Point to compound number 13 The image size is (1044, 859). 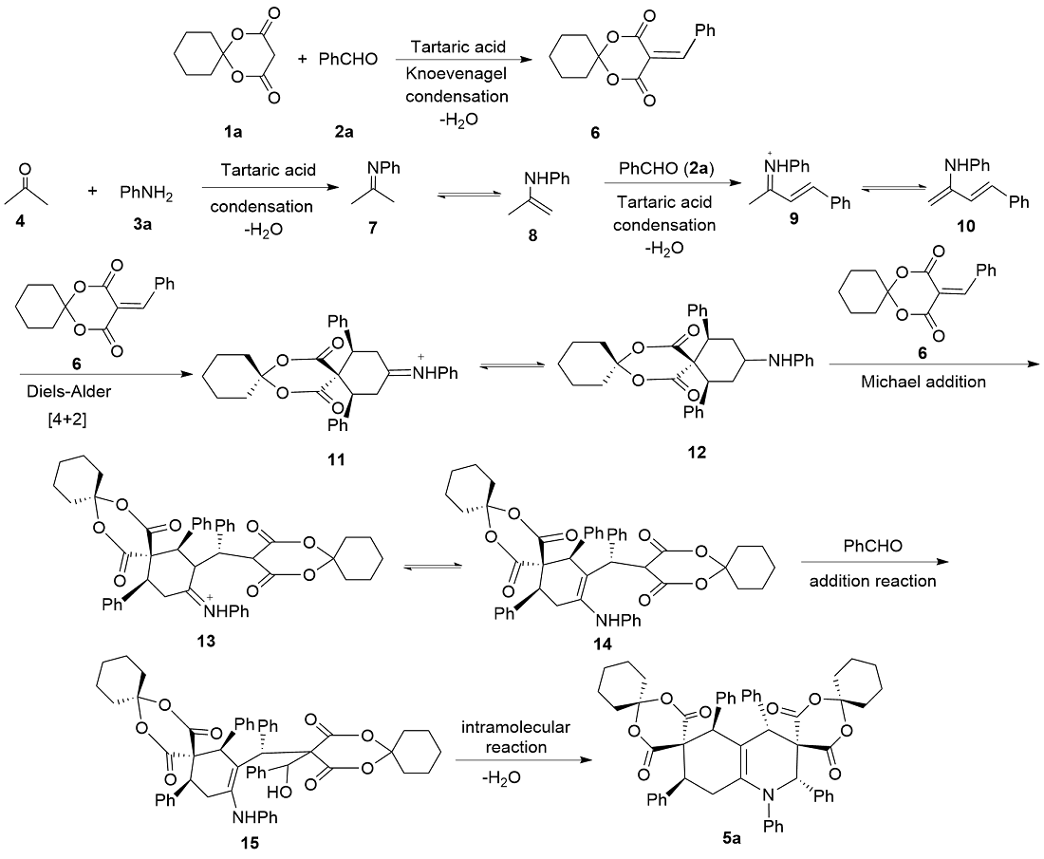(x=201, y=642)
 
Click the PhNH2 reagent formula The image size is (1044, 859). (x=144, y=194)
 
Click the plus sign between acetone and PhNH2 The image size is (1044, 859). (x=93, y=192)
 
